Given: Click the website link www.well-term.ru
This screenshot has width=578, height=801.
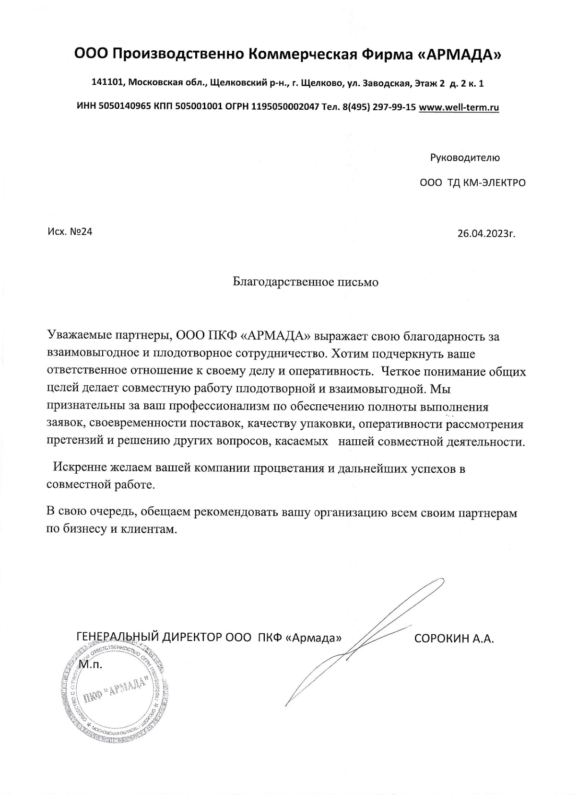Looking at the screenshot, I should pos(459,107).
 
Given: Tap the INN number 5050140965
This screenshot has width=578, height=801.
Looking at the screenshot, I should pos(124,107).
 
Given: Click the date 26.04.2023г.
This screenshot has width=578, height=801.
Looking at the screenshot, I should pos(486,234).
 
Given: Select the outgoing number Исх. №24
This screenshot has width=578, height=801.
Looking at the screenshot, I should pos(70,232).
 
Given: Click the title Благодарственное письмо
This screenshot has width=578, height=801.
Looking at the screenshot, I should pos(306,282).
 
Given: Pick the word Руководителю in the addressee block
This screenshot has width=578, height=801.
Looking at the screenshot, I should pos(465,158).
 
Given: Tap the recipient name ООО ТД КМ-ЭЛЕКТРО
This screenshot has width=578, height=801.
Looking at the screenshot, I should pos(472,183).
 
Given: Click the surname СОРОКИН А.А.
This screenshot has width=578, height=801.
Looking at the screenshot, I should pos(454,639).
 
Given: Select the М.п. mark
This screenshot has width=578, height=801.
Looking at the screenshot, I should pos(91,664).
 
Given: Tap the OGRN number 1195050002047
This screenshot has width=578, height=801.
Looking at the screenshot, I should pos(285,107).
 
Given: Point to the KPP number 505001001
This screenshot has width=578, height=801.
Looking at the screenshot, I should pos(198,107).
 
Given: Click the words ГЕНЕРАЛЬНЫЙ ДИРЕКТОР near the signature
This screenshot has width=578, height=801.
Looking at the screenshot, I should pos(149,638).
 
